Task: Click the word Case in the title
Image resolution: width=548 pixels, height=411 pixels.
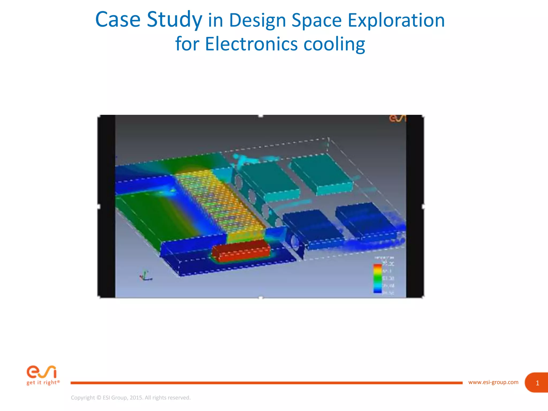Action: pyautogui.click(x=118, y=20)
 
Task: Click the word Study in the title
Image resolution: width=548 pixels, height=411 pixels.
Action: pyautogui.click(x=174, y=20)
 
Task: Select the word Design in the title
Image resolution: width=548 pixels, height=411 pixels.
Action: pyautogui.click(x=257, y=20)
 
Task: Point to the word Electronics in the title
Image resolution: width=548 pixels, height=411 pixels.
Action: pyautogui.click(x=251, y=44)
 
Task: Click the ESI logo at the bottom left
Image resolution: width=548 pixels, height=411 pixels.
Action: pyautogui.click(x=41, y=372)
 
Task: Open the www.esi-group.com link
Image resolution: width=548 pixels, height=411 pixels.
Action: pyautogui.click(x=493, y=382)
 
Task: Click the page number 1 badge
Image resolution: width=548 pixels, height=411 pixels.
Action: pyautogui.click(x=537, y=383)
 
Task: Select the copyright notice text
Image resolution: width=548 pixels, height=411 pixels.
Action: pyautogui.click(x=131, y=398)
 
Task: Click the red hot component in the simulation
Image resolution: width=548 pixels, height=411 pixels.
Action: pyautogui.click(x=241, y=250)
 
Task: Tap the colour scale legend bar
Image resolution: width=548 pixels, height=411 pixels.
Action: pyautogui.click(x=377, y=278)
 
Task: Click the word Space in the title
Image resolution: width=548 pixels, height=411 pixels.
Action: pyautogui.click(x=317, y=20)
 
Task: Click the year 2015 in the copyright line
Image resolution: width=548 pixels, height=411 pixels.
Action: pyautogui.click(x=136, y=398)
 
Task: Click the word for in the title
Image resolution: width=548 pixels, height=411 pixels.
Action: pyautogui.click(x=187, y=44)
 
